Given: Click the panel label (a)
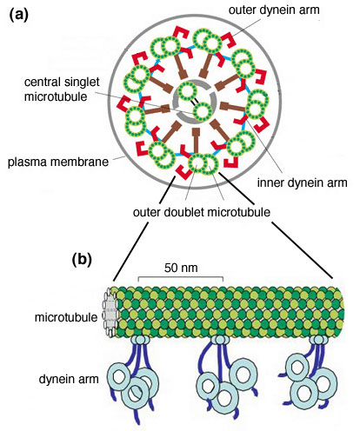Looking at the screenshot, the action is tap(19, 15).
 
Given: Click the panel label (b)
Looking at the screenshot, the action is tap(82, 259).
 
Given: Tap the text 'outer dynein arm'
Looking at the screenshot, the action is tap(274, 10).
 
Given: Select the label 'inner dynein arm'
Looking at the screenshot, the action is tap(302, 182).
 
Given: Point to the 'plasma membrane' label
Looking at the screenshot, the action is tap(58, 162).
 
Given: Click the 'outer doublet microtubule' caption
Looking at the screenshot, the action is tap(202, 212).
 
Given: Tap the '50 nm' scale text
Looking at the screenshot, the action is tap(181, 268).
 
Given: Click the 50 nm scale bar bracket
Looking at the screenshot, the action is tap(181, 277).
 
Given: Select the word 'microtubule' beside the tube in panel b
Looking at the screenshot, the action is tap(66, 317).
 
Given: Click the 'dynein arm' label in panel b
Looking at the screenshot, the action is tap(69, 379).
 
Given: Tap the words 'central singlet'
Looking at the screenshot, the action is tap(62, 82).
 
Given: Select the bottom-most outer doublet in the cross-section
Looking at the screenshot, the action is tap(203, 164).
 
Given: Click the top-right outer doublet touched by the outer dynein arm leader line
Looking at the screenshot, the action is tap(208, 41).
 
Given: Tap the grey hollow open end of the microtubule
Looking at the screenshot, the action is tap(110, 312).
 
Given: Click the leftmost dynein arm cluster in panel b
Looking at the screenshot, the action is tap(133, 380).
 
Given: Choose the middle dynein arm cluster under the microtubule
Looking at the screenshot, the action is tap(224, 380).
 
